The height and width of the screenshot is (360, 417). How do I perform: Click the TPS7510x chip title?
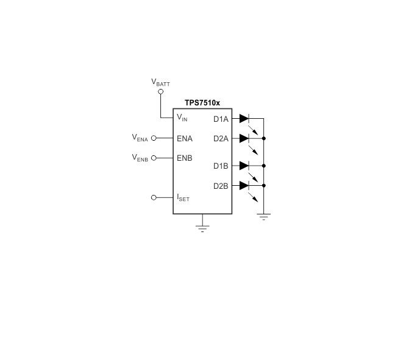202,103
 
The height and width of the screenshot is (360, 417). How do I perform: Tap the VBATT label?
160,82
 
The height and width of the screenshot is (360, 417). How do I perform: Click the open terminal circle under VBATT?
160,91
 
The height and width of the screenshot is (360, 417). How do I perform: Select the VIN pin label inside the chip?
182,118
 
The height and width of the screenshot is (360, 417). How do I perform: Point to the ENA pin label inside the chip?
185,138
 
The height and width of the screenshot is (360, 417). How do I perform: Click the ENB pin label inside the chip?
185,158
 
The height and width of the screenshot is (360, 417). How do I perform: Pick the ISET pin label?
184,198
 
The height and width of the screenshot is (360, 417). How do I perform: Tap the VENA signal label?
140,138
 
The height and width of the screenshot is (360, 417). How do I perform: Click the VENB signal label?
140,158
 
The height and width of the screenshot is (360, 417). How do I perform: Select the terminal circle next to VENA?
154,138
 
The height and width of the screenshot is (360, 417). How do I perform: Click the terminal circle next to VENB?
154,158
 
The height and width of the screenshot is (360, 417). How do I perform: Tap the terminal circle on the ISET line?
154,197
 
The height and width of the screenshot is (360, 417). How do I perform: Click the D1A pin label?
221,119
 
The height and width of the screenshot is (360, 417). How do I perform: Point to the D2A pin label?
221,139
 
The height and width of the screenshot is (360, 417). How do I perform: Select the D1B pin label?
221,166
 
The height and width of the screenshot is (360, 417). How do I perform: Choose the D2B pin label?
221,186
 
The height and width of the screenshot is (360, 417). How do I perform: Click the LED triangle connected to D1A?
244,119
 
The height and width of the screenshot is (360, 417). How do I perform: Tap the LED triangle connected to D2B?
244,185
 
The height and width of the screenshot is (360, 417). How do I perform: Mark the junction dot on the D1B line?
264,166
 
